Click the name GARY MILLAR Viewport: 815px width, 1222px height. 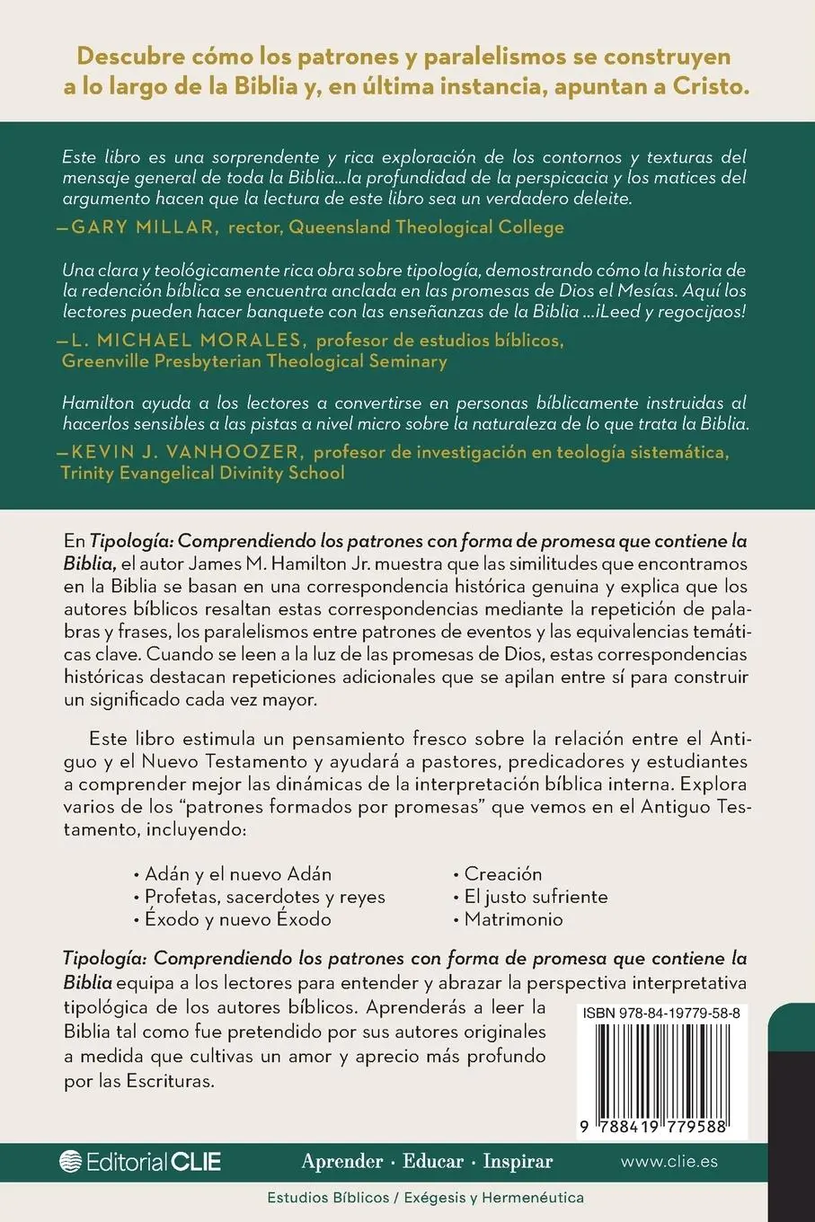144,227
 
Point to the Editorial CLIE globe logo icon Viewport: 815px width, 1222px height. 71,1161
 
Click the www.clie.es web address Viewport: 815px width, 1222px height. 669,1161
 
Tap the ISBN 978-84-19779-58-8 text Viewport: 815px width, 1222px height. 661,1014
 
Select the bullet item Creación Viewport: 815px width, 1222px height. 503,874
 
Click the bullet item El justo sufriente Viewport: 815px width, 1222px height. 536,897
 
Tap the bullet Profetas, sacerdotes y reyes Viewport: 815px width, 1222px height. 264,897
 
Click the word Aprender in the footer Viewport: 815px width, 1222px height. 342,1161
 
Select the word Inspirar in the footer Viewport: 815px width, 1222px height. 518,1161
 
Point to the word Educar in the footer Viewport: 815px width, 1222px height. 433,1161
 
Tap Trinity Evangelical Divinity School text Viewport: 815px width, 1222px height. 202,474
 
